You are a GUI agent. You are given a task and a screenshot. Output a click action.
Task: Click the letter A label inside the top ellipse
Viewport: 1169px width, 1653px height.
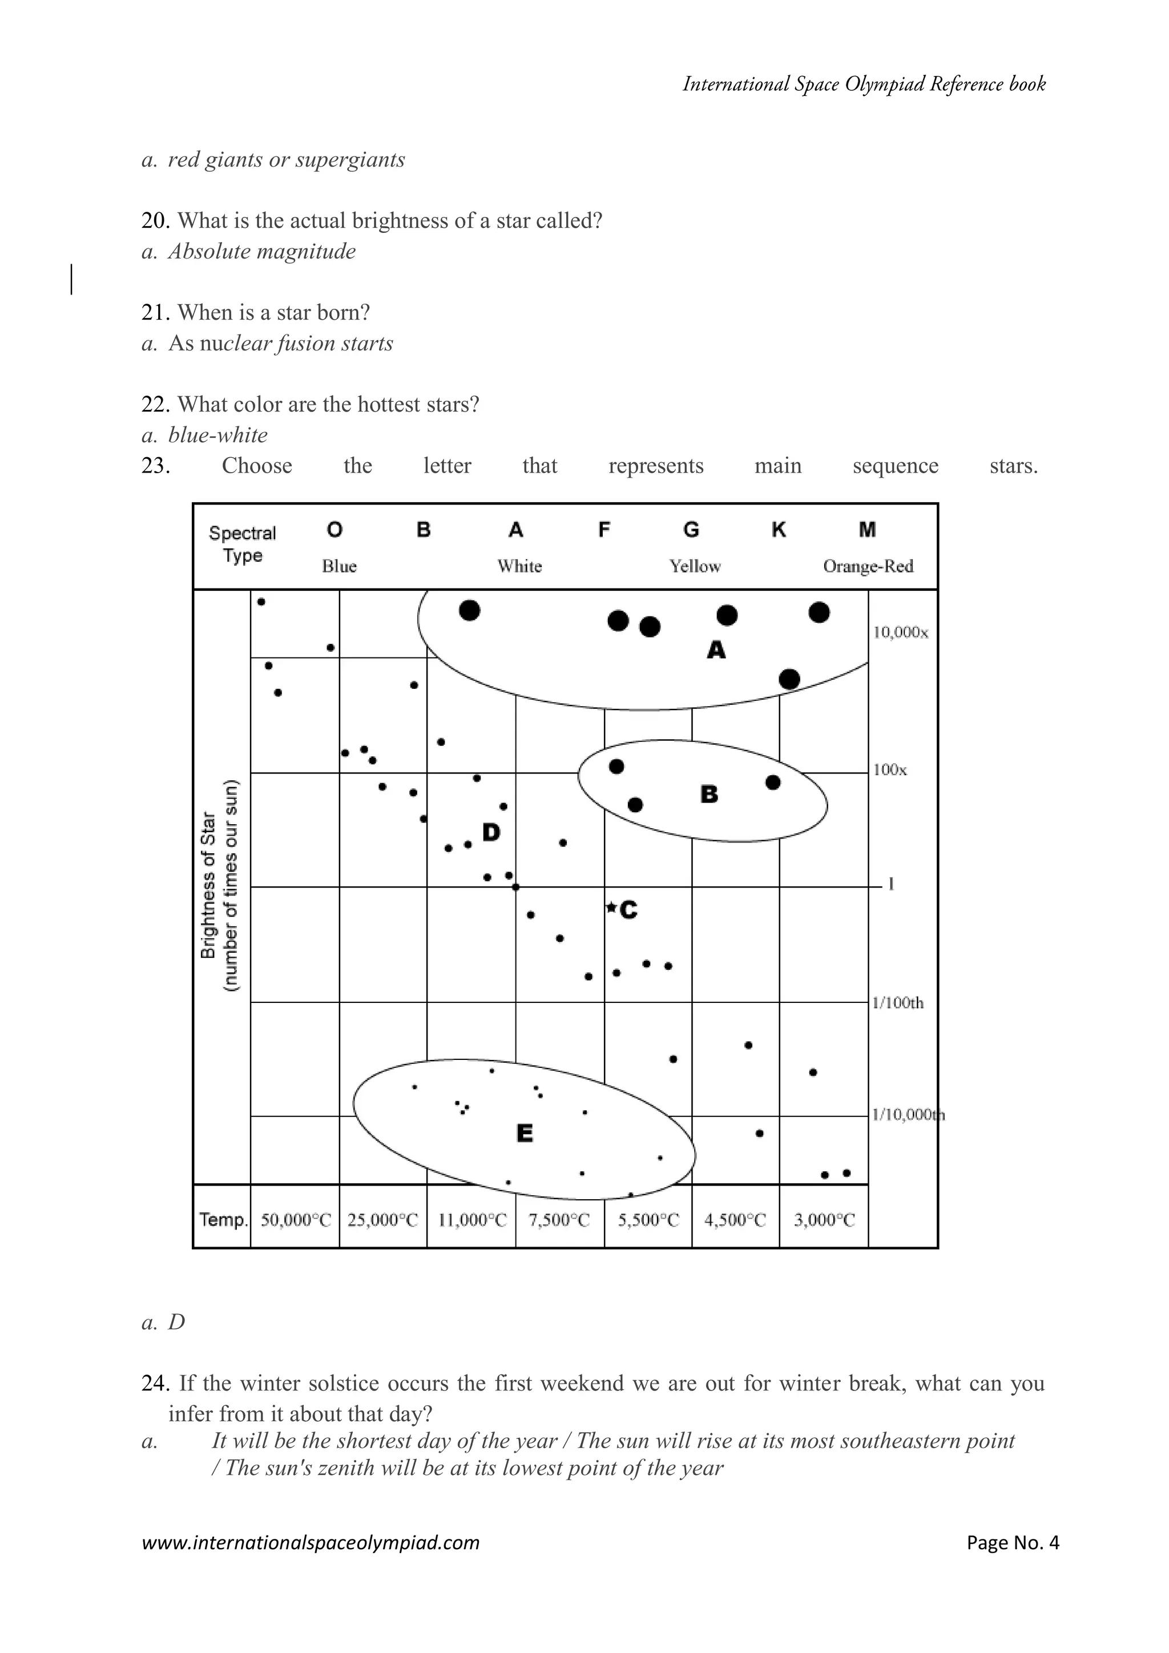click(x=716, y=650)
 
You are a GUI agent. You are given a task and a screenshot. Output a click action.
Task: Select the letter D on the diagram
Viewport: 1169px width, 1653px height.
click(x=491, y=832)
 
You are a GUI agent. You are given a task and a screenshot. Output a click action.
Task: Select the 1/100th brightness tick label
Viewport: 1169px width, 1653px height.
click(x=898, y=1002)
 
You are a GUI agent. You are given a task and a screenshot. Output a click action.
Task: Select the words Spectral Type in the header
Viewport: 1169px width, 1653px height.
click(x=243, y=545)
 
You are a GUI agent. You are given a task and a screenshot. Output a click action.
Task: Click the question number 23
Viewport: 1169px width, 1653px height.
click(x=155, y=466)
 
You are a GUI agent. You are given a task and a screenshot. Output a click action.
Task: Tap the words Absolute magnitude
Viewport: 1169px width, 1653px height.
click(x=262, y=251)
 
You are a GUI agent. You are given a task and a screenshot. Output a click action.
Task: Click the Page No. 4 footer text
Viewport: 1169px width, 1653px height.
click(x=1013, y=1542)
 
